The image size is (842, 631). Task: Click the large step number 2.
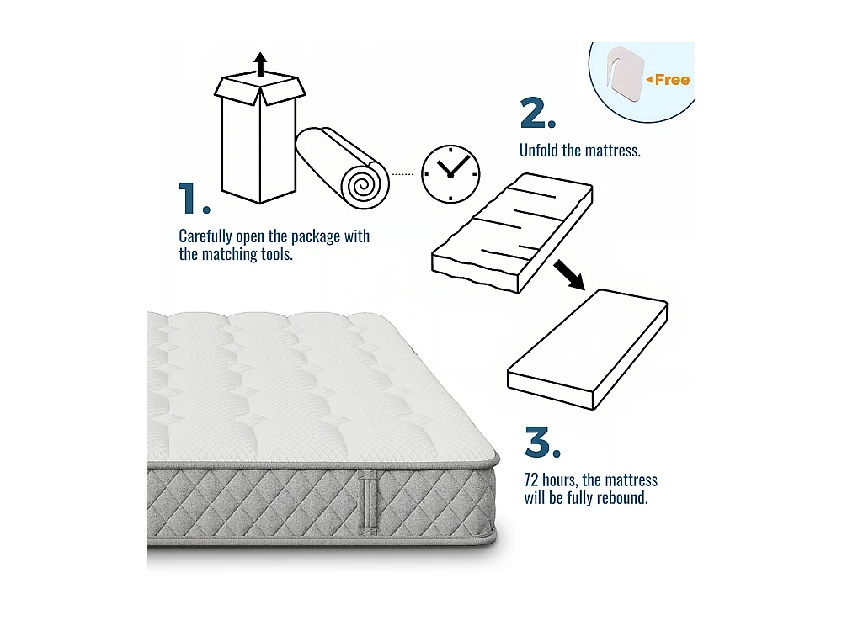point(537,114)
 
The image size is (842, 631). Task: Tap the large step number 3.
point(541,443)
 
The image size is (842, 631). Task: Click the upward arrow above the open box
point(260,64)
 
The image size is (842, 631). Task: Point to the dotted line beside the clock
point(404,174)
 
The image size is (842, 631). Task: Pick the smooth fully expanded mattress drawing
point(587,348)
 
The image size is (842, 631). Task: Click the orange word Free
point(672,80)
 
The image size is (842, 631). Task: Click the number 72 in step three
point(532,480)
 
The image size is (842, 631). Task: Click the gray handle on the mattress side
point(366,503)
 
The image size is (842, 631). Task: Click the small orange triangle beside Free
point(649,80)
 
